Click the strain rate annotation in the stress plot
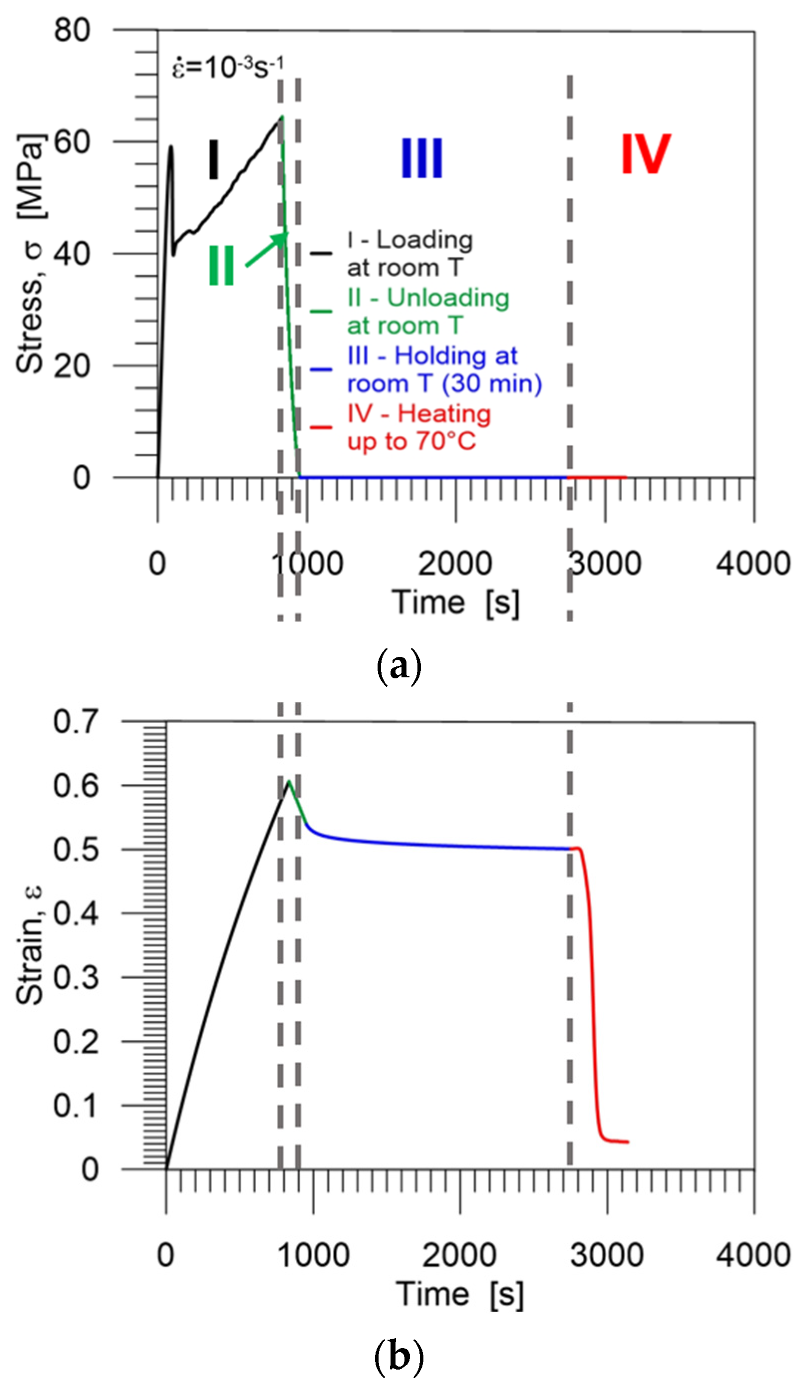click(x=228, y=67)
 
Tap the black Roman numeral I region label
click(x=214, y=159)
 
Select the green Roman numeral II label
click(x=222, y=266)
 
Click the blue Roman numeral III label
click(x=421, y=158)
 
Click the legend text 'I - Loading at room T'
click(x=409, y=253)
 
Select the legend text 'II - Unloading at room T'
click(x=427, y=311)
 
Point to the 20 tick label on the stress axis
click(x=72, y=366)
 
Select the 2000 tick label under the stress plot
click(x=455, y=563)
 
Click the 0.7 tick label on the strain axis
click(x=76, y=722)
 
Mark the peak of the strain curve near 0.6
click(x=289, y=782)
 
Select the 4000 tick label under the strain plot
click(x=753, y=1255)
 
